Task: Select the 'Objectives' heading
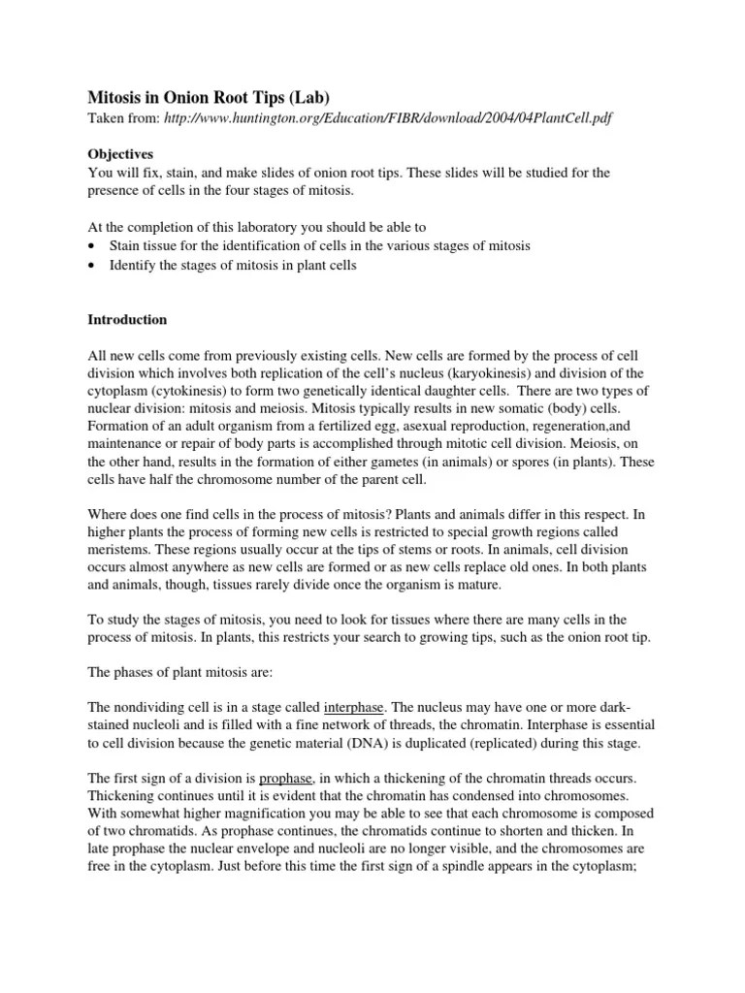click(120, 154)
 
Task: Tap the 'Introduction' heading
click(128, 319)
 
